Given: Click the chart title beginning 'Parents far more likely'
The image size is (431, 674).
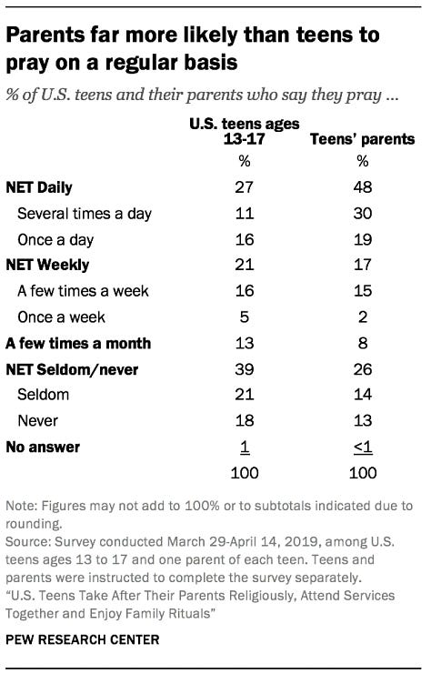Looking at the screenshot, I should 193,50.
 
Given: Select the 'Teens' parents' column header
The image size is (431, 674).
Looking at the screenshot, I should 362,140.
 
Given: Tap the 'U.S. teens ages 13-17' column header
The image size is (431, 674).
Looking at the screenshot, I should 245,132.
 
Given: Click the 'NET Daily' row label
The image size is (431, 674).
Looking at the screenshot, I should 38,188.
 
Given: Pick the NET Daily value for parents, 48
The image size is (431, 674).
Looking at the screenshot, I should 362,188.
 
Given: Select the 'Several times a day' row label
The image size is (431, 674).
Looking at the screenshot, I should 85,214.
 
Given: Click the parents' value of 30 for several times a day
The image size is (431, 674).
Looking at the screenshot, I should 362,214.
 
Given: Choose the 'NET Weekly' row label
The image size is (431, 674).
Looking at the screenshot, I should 44,266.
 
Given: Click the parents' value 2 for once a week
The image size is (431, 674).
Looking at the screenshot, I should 362,317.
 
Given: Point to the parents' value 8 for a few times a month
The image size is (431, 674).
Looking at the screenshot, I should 362,343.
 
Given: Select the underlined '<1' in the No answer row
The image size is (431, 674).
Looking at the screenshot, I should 362,447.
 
